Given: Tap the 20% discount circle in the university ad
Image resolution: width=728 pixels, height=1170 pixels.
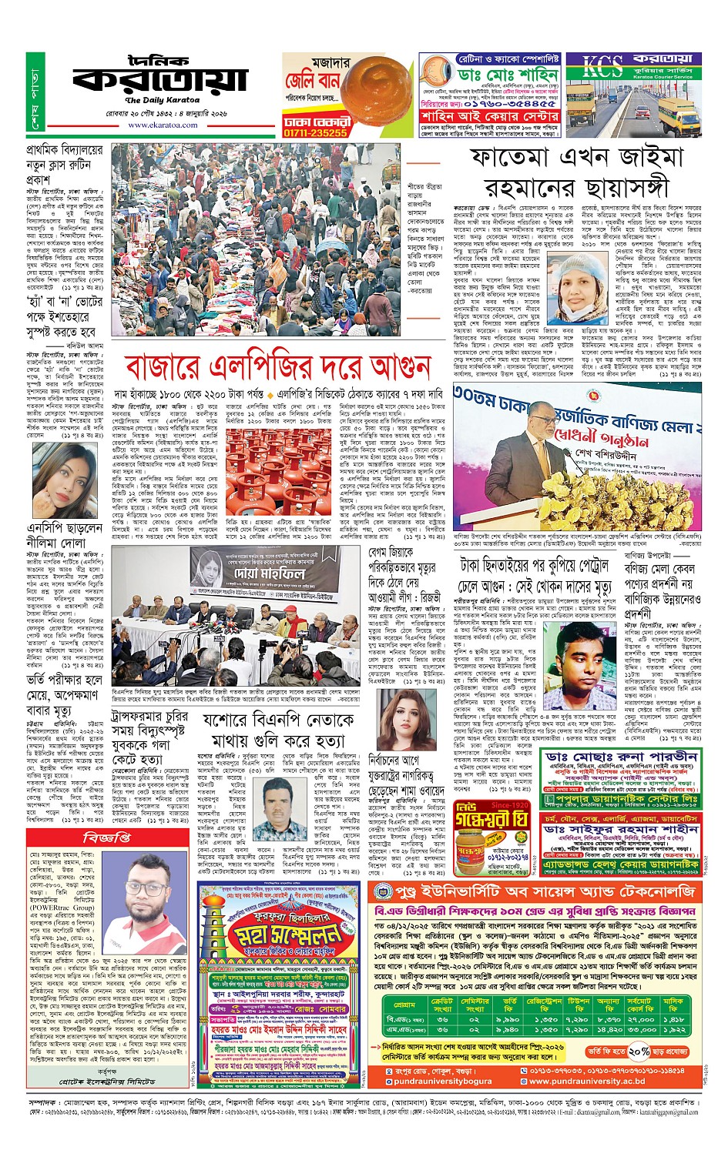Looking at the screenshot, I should (x=639, y=1051).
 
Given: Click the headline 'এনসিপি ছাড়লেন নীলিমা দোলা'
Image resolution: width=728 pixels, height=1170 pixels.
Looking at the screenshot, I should (x=65, y=535).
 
